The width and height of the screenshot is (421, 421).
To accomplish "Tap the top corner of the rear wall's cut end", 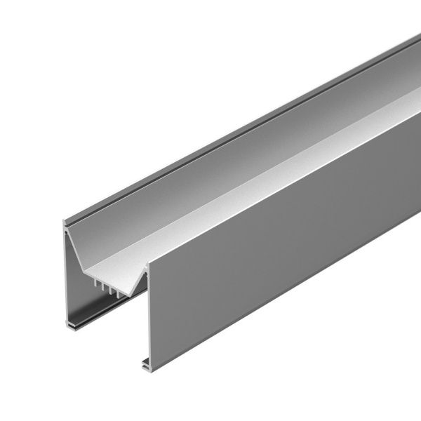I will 65,222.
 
